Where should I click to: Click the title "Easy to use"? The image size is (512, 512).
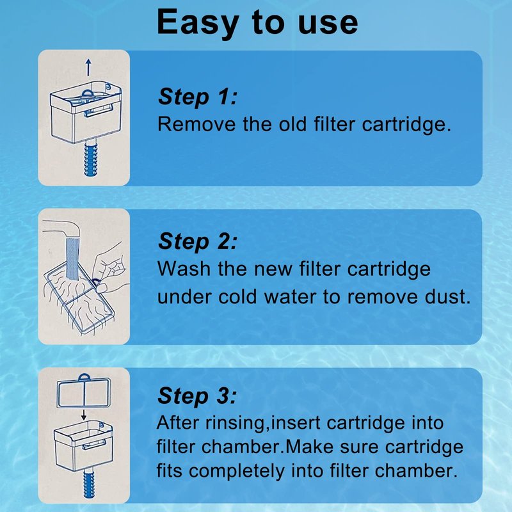[257, 22]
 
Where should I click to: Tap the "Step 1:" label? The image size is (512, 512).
[198, 97]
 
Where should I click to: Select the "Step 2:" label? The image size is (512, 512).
[198, 242]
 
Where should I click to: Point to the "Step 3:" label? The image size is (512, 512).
[197, 396]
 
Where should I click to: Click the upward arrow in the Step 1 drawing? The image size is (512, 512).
[88, 68]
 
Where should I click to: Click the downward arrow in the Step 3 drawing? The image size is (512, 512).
[84, 415]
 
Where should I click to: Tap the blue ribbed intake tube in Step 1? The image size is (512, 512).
[90, 157]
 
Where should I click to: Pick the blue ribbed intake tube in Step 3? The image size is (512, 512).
[88, 484]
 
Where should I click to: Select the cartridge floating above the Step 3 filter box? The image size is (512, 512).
[84, 392]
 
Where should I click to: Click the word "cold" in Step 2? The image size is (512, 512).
[237, 297]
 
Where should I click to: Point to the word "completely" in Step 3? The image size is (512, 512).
[237, 472]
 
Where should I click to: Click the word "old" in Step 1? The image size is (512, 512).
[292, 125]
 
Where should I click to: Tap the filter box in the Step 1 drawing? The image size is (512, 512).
[86, 112]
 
